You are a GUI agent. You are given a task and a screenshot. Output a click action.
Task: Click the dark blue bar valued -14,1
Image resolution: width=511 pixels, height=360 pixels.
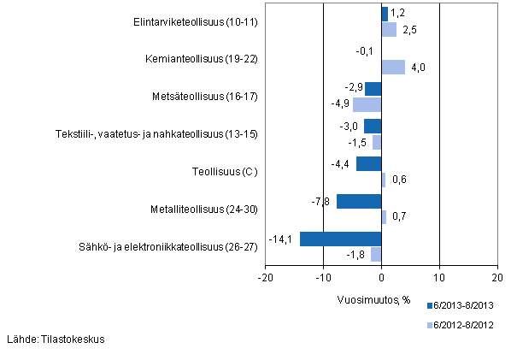340,239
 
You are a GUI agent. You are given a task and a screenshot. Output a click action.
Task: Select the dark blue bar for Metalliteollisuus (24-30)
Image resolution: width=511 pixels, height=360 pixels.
359,201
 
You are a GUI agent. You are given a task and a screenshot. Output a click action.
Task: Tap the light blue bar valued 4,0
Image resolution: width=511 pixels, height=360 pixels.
393,67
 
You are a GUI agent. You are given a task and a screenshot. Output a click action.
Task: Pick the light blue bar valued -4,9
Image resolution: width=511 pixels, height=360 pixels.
367,104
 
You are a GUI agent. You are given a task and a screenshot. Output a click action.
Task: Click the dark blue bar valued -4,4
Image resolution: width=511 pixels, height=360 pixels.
368,163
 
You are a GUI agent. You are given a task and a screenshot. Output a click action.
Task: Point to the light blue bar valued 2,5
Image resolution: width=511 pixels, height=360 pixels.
389,30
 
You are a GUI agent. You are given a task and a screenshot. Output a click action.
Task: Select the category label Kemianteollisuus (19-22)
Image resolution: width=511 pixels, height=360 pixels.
202,59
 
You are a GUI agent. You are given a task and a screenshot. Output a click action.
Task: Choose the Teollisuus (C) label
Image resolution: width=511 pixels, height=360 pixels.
225,171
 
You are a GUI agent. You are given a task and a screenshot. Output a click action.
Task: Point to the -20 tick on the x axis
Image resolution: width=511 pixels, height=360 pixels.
266,277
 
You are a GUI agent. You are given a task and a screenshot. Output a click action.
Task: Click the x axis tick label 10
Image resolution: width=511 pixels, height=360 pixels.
439,277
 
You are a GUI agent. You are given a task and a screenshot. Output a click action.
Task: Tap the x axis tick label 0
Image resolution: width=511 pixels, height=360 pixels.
382,277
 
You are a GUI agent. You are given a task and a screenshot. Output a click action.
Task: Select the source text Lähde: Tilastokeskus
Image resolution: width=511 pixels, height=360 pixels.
56,339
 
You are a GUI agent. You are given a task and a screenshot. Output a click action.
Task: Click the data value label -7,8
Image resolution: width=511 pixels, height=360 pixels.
321,201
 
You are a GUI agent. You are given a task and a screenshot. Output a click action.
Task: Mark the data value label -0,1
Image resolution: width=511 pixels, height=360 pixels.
365,51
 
